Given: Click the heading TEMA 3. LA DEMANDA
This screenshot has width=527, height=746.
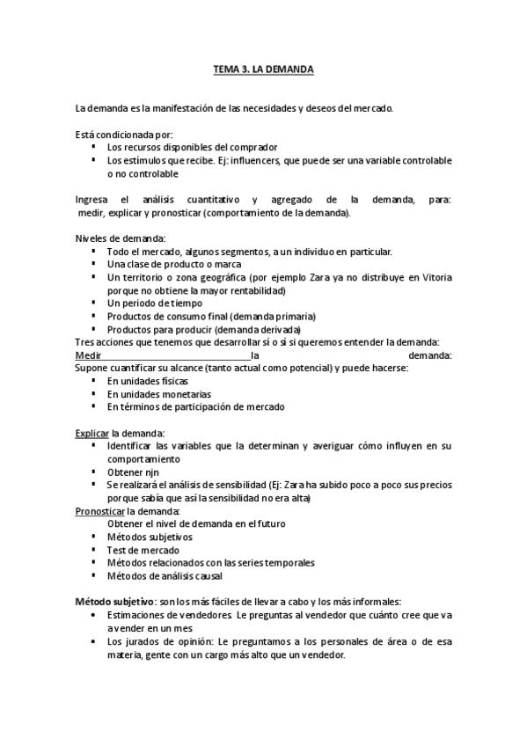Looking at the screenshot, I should (x=263, y=68).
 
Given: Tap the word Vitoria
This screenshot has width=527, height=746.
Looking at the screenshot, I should (x=436, y=277).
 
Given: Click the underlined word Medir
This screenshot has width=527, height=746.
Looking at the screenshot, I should (x=87, y=355).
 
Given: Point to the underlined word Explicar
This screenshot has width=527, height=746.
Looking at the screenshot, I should (x=91, y=433).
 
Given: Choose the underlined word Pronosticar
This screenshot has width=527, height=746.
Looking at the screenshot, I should (x=100, y=510).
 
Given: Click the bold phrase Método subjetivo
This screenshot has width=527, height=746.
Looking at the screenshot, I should (x=114, y=601).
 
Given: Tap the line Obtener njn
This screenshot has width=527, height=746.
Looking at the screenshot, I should (x=132, y=472).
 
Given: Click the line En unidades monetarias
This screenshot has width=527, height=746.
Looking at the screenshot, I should (x=159, y=394).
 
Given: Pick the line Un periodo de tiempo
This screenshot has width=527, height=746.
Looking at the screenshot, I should (x=148, y=303).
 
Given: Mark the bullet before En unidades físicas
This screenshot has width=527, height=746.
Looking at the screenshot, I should (x=93, y=381).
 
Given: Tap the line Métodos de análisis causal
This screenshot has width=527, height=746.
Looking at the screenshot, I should (x=165, y=575).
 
